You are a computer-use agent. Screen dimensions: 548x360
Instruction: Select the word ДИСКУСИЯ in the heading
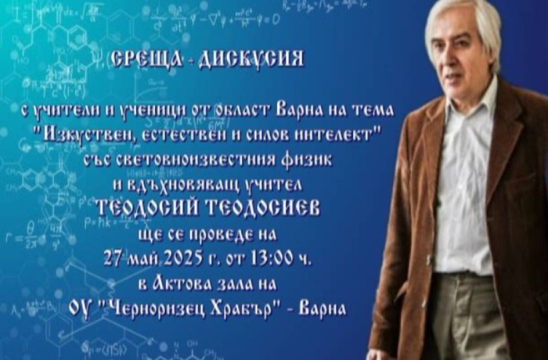(x=251, y=59)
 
